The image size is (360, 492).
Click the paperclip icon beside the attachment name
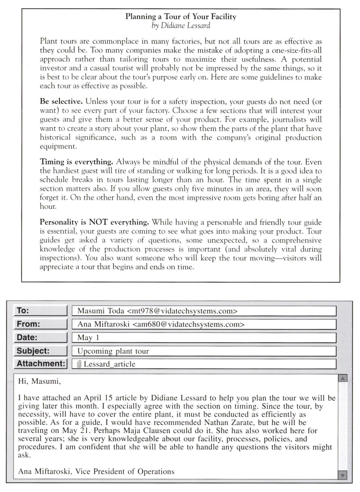[x=79, y=364]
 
